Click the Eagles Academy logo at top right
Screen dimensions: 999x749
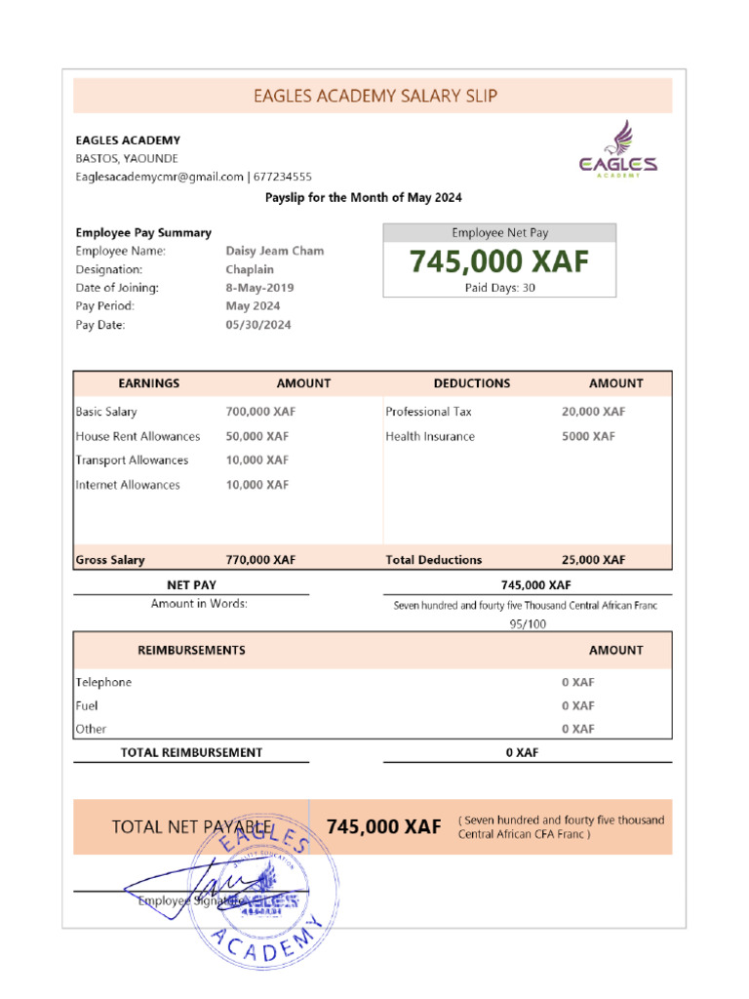[618, 149]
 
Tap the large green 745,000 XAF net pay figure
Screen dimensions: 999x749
[498, 262]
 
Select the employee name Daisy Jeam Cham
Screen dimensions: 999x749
[274, 251]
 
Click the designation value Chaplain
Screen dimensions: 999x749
[250, 269]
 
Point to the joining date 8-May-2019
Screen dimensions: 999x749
[259, 288]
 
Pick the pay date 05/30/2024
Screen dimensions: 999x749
[257, 325]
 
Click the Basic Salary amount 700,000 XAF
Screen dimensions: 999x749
[260, 412]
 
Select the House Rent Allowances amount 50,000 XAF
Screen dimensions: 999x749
[256, 436]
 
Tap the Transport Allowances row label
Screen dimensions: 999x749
[132, 460]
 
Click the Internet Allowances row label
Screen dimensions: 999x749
[128, 485]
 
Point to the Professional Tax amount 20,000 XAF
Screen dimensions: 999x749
[593, 412]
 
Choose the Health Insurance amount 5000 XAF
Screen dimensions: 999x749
[588, 436]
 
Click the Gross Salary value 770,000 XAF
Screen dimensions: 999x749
[260, 560]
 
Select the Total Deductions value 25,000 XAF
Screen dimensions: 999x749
[593, 560]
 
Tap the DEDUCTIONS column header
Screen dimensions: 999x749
[471, 383]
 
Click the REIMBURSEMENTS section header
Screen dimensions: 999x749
[191, 650]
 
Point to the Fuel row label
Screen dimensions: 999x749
[87, 705]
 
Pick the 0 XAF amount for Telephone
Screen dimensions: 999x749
[577, 682]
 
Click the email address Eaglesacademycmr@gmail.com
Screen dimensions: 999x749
[159, 177]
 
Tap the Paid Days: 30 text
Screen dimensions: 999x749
[498, 288]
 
